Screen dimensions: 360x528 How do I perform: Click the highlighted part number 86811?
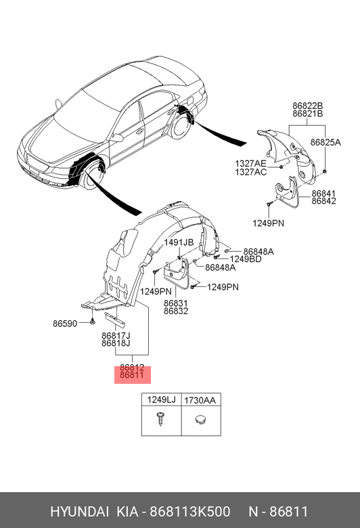point(132,375)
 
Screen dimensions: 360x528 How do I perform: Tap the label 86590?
point(65,324)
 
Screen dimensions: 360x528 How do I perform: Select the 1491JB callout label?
point(179,242)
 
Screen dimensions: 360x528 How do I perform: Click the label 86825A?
point(325,142)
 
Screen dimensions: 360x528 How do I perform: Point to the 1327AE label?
point(250,164)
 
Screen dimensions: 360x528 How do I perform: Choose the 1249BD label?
point(246,259)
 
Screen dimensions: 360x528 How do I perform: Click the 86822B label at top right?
point(307,106)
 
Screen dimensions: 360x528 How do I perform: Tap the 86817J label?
point(116,336)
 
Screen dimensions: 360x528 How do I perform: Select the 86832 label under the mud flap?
point(176,311)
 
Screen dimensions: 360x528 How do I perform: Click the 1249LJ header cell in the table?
point(161,399)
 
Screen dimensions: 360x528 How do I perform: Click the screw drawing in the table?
point(160,419)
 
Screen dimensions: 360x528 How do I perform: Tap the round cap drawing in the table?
point(200,420)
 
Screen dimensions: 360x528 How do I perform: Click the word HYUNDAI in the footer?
point(79,512)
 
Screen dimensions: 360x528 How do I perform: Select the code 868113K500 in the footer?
point(190,512)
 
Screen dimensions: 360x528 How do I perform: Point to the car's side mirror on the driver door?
point(118,137)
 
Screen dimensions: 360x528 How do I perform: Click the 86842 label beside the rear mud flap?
point(323,201)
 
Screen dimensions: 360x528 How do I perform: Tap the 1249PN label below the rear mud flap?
point(269,223)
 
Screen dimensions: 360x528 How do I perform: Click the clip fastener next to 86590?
point(92,322)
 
